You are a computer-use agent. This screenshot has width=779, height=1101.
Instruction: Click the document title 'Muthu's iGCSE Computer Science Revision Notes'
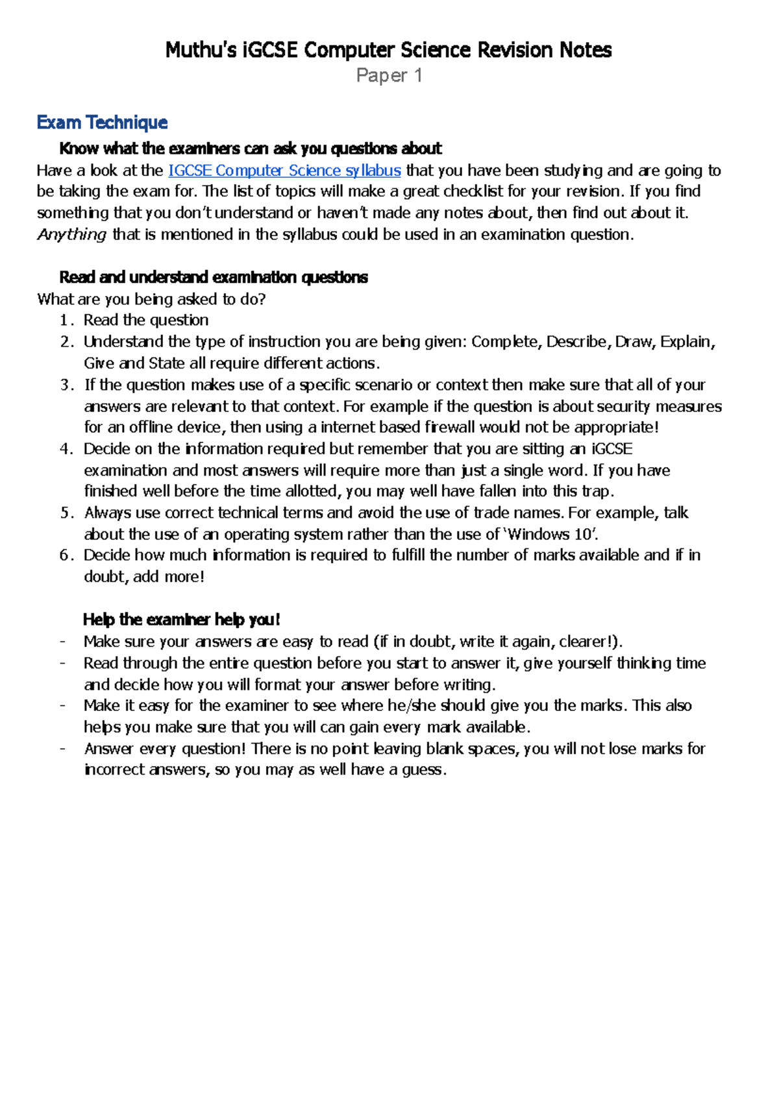point(388,50)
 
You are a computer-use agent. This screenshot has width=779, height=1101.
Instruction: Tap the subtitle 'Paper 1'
point(389,76)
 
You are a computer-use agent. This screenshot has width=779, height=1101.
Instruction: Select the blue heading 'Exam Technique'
point(102,123)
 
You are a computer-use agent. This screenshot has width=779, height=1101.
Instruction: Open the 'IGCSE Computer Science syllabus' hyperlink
point(284,171)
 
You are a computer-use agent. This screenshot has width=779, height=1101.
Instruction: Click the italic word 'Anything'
point(71,234)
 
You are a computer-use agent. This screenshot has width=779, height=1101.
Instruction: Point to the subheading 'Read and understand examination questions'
point(213,278)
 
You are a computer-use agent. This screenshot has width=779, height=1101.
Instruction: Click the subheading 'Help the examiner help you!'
point(181,620)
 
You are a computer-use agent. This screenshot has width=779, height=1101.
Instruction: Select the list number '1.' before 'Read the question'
point(67,321)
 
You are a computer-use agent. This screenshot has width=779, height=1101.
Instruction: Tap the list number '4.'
point(67,449)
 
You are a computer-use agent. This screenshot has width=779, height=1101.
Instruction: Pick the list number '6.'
point(67,555)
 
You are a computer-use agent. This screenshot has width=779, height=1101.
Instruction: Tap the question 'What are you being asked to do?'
point(151,299)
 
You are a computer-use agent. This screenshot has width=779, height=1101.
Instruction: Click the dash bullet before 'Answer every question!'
point(62,749)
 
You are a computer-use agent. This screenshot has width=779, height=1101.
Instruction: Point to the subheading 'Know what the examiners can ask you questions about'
point(250,149)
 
